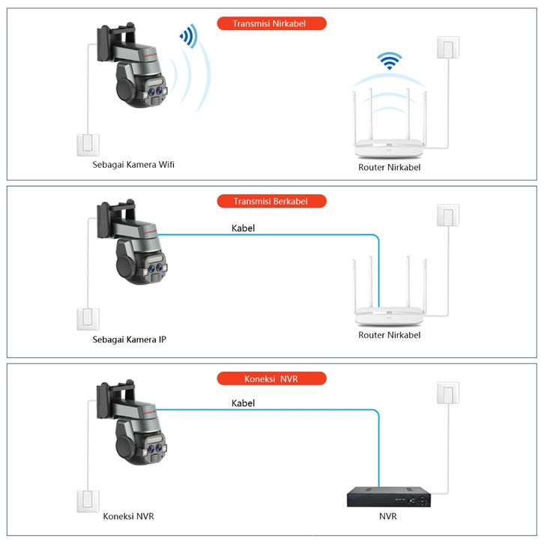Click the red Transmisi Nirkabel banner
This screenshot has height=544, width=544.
click(271, 23)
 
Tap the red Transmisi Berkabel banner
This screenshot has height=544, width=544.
click(271, 201)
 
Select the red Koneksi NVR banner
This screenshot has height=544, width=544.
click(271, 378)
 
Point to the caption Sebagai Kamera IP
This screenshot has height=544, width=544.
click(130, 339)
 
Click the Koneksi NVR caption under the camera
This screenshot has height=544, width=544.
click(128, 516)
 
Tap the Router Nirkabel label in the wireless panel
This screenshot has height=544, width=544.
click(389, 167)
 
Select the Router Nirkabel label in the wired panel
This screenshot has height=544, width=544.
click(389, 335)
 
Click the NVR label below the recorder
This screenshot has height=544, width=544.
click(388, 516)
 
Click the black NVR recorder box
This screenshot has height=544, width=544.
click(389, 495)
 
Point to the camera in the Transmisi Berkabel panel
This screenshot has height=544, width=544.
click(131, 243)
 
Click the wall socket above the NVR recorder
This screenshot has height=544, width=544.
click(447, 394)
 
